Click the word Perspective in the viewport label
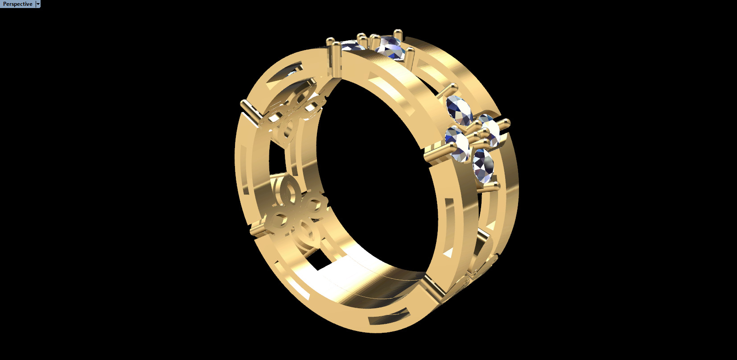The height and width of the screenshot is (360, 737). pyautogui.click(x=17, y=4)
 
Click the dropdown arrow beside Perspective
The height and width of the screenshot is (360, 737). pyautogui.click(x=38, y=4)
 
